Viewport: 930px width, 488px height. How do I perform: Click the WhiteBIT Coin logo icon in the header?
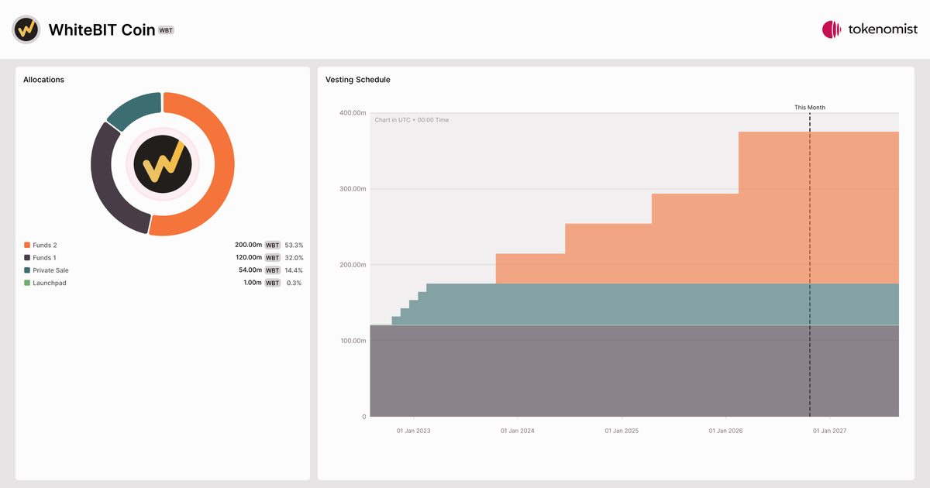click(26, 29)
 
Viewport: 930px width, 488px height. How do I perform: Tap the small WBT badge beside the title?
click(166, 30)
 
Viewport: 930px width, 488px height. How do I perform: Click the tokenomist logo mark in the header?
click(832, 29)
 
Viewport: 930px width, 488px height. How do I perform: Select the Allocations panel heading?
click(43, 80)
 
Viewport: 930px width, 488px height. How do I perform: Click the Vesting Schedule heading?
click(358, 80)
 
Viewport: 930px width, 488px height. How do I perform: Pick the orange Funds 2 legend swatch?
click(27, 246)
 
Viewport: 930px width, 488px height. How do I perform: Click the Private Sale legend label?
click(50, 270)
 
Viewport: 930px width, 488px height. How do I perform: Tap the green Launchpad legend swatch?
click(27, 283)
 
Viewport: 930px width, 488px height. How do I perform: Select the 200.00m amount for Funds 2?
click(248, 245)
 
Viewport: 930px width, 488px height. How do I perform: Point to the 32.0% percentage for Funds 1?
click(294, 258)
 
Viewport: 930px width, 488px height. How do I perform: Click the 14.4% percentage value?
click(294, 270)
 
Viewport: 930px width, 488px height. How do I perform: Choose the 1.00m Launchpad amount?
click(253, 283)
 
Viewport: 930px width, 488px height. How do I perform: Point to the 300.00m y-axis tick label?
click(353, 189)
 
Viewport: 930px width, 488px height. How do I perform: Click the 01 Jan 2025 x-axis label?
click(622, 431)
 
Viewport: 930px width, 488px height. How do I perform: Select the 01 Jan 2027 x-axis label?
click(829, 431)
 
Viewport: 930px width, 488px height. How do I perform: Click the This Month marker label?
click(810, 108)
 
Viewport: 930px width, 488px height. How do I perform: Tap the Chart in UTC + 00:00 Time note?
click(412, 120)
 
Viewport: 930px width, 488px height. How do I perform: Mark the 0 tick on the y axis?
click(364, 417)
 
